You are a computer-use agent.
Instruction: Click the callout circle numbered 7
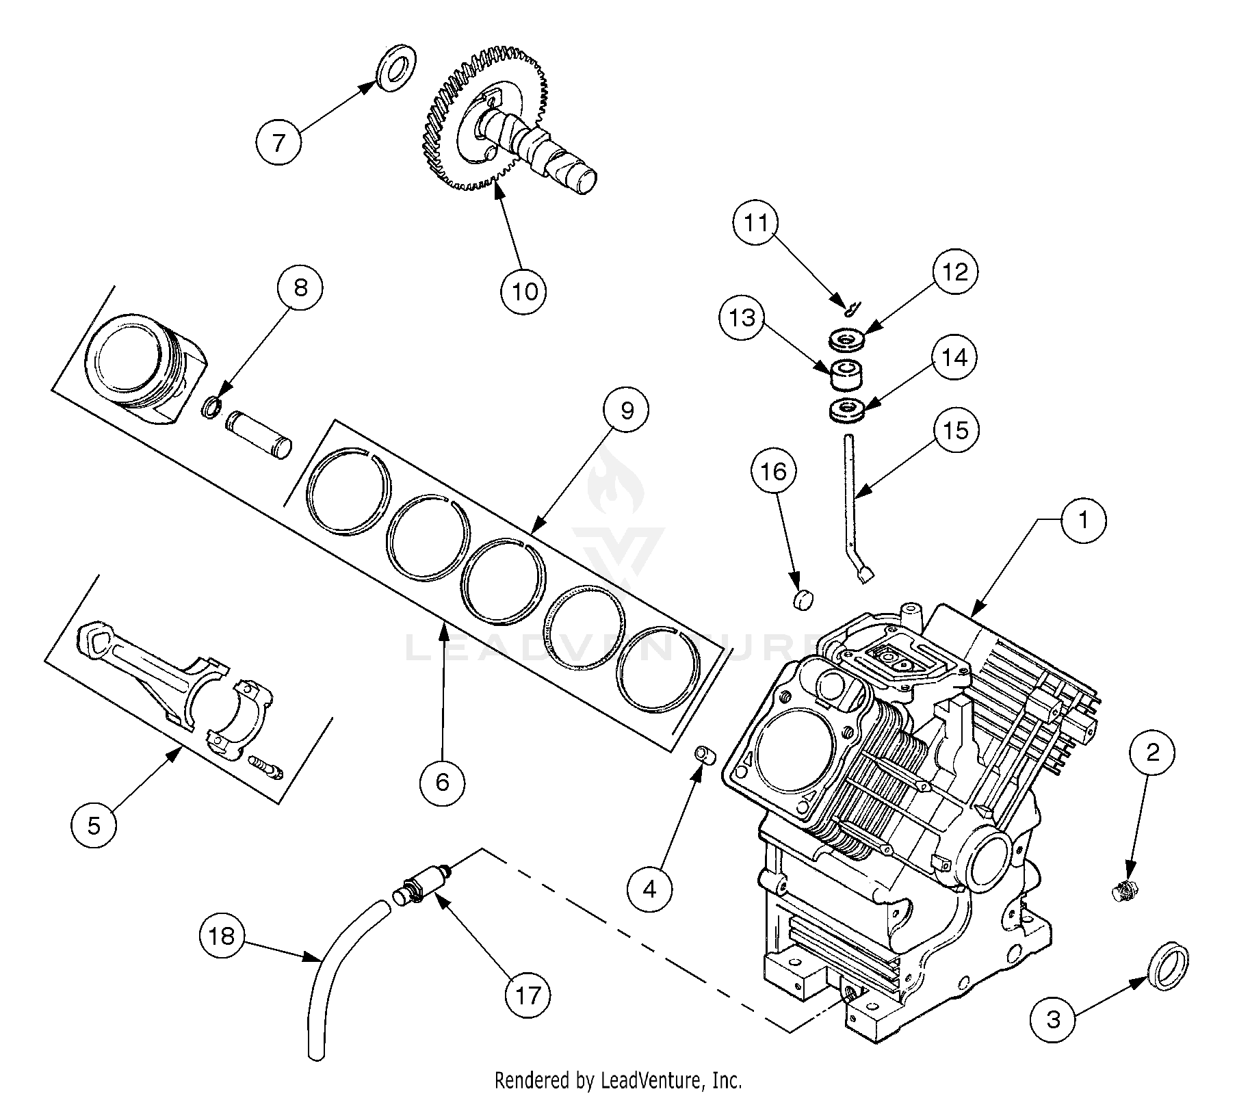click(278, 142)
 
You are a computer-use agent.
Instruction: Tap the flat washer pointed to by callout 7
click(396, 66)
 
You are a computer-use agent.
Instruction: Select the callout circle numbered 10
click(524, 291)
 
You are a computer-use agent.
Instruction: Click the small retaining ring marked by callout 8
click(212, 408)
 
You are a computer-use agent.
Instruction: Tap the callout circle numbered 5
click(94, 825)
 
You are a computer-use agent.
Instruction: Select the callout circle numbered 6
click(443, 781)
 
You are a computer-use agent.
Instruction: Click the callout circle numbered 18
click(222, 935)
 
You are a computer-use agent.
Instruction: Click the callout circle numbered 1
click(1083, 521)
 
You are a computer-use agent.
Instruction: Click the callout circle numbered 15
click(956, 430)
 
